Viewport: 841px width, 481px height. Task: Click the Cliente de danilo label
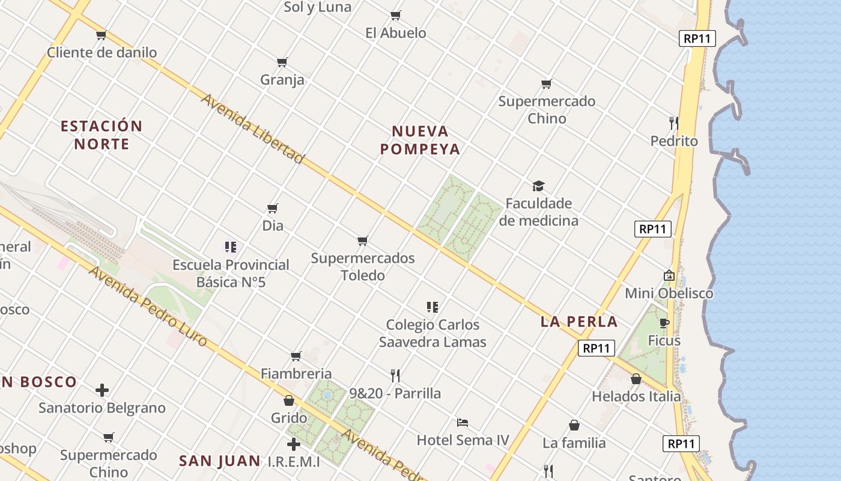click(102, 52)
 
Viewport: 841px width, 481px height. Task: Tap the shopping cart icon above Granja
click(282, 62)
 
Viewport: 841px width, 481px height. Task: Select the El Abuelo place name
click(396, 33)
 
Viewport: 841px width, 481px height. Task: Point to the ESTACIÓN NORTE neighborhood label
click(102, 135)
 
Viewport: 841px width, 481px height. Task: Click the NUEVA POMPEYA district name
click(420, 140)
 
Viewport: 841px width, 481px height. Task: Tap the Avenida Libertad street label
click(253, 128)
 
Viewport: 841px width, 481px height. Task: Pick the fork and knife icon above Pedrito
click(674, 123)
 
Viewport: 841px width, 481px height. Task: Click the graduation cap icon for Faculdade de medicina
click(538, 186)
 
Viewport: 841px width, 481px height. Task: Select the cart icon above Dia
click(273, 209)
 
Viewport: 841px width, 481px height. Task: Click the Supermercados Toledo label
click(363, 266)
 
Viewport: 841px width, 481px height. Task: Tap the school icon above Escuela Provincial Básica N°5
click(231, 247)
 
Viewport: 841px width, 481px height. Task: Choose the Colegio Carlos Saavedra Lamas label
click(433, 333)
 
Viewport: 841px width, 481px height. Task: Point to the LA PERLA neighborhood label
click(579, 321)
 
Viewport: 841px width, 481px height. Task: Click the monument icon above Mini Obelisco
click(669, 275)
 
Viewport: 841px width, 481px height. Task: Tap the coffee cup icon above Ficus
click(664, 323)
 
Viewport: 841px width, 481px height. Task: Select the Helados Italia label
click(636, 396)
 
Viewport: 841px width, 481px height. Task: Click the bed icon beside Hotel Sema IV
click(463, 422)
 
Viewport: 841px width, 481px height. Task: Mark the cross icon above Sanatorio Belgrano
click(102, 390)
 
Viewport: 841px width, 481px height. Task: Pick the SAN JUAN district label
click(220, 461)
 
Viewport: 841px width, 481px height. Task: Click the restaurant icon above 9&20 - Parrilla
click(395, 376)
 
